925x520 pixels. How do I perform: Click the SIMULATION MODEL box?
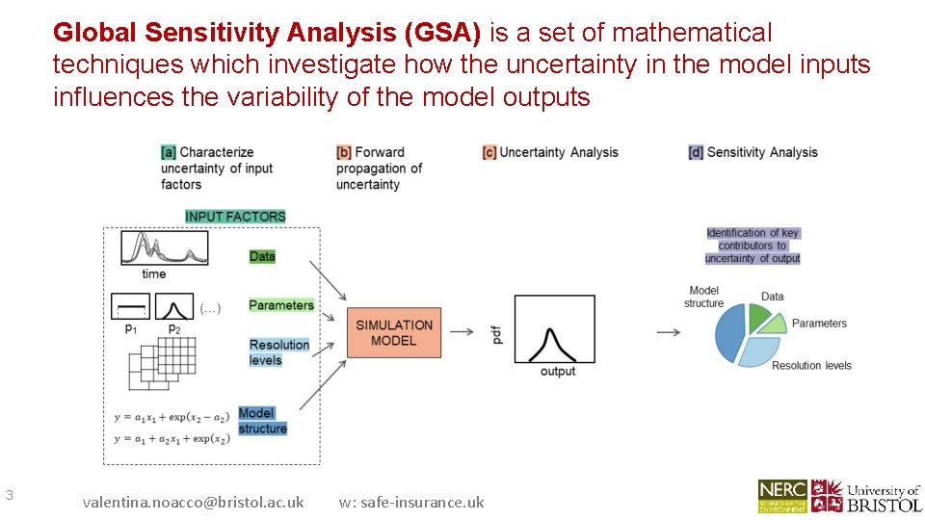point(393,333)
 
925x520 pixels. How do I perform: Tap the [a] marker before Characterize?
point(169,152)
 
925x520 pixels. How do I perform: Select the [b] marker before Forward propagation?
point(343,152)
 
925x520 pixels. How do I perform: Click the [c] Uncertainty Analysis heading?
point(551,152)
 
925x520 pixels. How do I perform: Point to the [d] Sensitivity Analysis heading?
point(753,152)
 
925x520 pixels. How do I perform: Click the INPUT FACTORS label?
point(235,217)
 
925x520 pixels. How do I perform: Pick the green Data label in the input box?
point(262,256)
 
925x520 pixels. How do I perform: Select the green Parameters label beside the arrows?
point(281,305)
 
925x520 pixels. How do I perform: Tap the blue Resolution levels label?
point(279,352)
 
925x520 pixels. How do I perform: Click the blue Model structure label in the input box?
point(262,421)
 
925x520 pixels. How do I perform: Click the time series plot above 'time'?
point(164,248)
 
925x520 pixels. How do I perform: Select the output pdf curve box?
point(554,329)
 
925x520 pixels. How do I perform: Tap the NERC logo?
point(782,496)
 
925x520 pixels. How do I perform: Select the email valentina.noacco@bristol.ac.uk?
point(193,502)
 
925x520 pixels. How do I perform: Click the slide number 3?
point(9,495)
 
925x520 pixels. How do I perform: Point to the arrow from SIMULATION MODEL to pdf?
point(462,331)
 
